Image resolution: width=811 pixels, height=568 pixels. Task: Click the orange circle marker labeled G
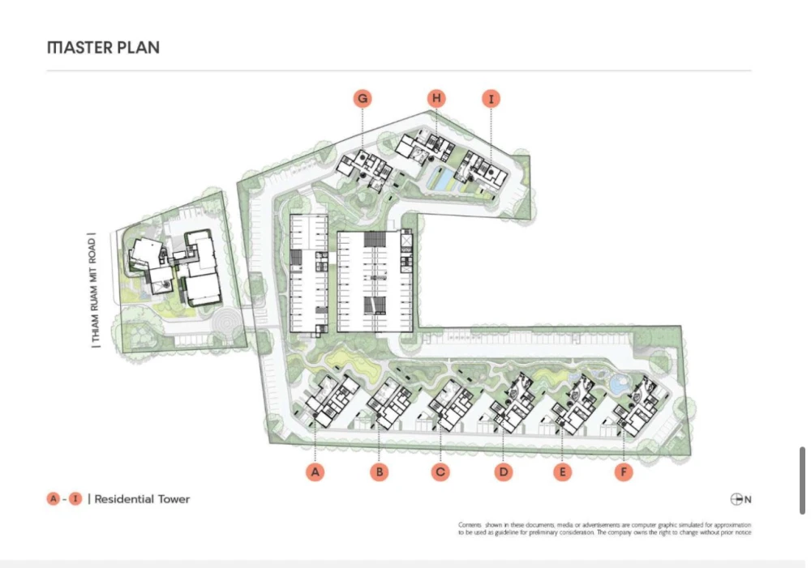point(363,98)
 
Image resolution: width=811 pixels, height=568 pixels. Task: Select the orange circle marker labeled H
point(436,98)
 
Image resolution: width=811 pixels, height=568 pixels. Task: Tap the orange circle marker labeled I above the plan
point(491,99)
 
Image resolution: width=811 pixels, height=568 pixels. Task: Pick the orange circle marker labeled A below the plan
point(315,472)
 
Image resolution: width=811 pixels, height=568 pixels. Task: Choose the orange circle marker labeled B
point(379,472)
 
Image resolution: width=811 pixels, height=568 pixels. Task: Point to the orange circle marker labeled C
point(440,472)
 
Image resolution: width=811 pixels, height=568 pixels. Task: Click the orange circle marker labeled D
point(504,472)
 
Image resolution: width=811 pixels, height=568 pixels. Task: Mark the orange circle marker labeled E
point(562,472)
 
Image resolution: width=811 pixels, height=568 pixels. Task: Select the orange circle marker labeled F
point(624,472)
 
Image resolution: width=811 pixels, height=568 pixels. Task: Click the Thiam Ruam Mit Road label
point(93,290)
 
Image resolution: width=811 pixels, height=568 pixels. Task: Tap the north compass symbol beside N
point(736,499)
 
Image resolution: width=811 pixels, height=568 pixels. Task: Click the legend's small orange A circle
point(54,499)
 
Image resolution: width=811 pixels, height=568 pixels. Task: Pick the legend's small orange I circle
point(75,499)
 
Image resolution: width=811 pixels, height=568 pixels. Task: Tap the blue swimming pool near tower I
point(439,179)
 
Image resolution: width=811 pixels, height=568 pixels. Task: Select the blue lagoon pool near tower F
point(617,384)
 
